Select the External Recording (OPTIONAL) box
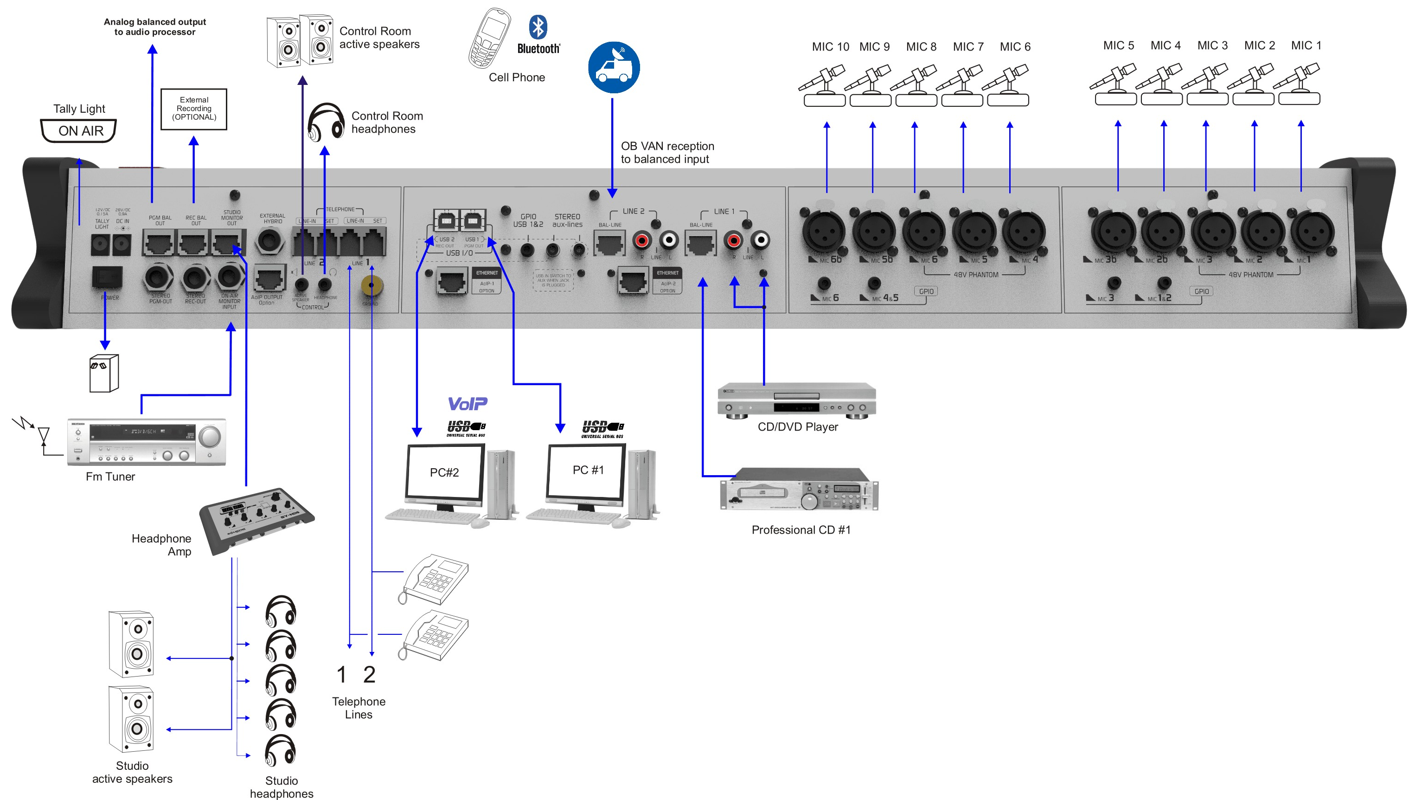click(193, 109)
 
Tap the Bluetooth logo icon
click(538, 27)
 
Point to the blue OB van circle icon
click(614, 67)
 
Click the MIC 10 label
click(830, 47)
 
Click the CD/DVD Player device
click(796, 400)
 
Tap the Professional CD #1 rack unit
click(799, 490)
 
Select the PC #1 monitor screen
click(587, 470)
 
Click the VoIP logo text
click(467, 404)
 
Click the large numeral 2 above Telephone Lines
click(369, 675)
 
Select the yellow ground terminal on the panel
click(372, 285)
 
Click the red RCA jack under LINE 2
click(641, 240)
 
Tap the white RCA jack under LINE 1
click(760, 240)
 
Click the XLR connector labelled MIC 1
click(1313, 232)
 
